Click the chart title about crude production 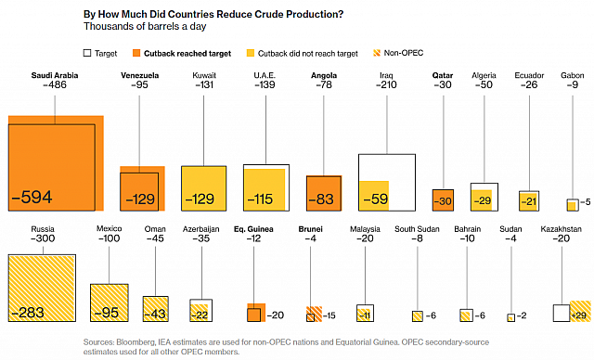click(x=214, y=14)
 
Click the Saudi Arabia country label click(x=54, y=75)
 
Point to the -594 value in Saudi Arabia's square click(x=32, y=197)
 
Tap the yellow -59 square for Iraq click(x=374, y=196)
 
